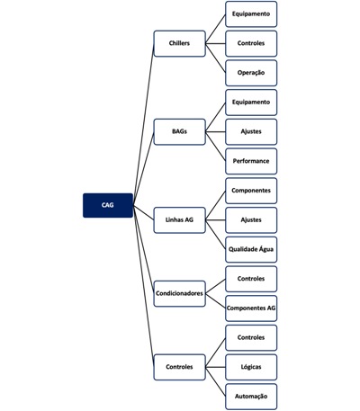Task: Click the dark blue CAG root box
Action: coord(108,205)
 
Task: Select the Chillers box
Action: coord(179,43)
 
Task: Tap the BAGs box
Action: coord(179,131)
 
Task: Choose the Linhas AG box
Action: coord(179,220)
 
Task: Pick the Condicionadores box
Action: coord(179,293)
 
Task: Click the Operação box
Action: coord(251,73)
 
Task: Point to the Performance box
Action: coord(251,161)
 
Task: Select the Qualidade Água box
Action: coord(251,249)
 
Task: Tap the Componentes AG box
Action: coord(251,308)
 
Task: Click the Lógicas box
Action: coord(251,367)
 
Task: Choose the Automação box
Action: coord(251,397)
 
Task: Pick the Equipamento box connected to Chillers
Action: coord(251,14)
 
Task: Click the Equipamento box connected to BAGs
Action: coord(251,103)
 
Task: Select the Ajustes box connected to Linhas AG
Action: coord(251,220)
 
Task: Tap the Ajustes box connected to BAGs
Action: coord(251,131)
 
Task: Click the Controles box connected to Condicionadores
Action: coord(251,279)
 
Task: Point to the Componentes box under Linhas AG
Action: coord(251,191)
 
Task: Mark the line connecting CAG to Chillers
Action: coord(143,124)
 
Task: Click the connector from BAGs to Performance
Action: coord(215,147)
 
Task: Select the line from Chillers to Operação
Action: coord(215,58)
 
